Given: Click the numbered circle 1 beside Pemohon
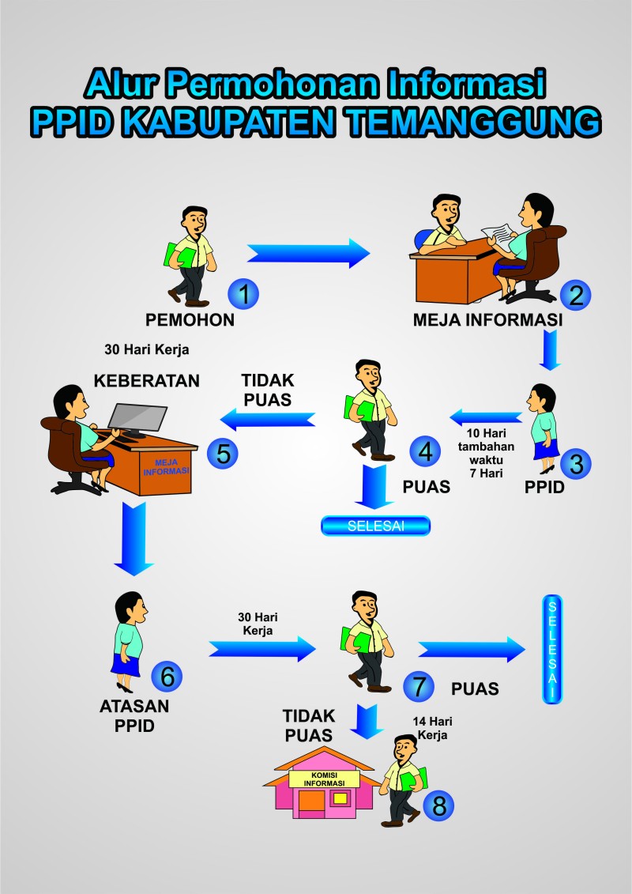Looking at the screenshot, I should (244, 294).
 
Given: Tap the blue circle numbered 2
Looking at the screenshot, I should (576, 295).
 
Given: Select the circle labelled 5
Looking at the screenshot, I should (223, 454).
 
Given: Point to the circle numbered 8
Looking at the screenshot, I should (438, 805).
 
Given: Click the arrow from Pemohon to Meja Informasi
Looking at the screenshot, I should (308, 253).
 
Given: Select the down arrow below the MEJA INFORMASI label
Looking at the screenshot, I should (551, 350).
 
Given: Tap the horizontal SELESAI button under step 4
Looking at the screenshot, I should (375, 526).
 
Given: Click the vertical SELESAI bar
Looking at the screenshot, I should (551, 648).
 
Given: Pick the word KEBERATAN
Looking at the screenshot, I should (147, 380).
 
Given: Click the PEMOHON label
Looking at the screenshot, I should (190, 320).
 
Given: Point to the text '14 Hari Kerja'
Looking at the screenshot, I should (431, 728).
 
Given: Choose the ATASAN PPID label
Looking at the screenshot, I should (134, 715).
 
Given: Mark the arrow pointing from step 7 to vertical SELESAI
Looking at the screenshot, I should (472, 649).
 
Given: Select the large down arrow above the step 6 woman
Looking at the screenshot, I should (133, 543).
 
